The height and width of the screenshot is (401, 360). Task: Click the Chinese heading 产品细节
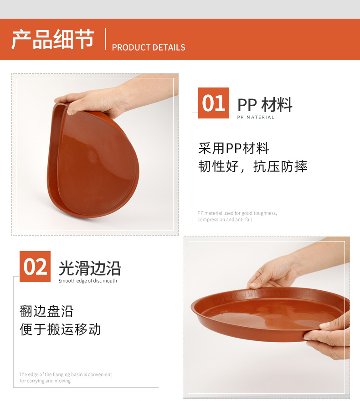pyautogui.click(x=52, y=40)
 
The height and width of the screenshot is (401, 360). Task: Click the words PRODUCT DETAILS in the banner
pyautogui.click(x=149, y=47)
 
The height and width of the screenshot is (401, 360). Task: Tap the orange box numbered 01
pyautogui.click(x=214, y=103)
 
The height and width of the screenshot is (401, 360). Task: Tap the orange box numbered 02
pyautogui.click(x=35, y=267)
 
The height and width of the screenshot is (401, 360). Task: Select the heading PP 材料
pyautogui.click(x=265, y=105)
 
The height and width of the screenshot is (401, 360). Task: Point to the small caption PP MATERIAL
pyautogui.click(x=256, y=118)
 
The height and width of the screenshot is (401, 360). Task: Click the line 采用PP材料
pyautogui.click(x=234, y=148)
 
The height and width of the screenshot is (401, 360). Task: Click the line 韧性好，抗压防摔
pyautogui.click(x=253, y=166)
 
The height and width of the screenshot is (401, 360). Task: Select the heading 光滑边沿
pyautogui.click(x=90, y=269)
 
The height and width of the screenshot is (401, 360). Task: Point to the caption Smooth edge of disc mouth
pyautogui.click(x=87, y=281)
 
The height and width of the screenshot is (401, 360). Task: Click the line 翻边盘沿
pyautogui.click(x=46, y=311)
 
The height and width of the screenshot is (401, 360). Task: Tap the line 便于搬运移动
pyautogui.click(x=60, y=329)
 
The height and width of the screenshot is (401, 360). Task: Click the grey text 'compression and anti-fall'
pyautogui.click(x=224, y=220)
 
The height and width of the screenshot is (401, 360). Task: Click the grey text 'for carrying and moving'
pyautogui.click(x=45, y=381)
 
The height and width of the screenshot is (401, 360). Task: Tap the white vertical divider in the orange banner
pyautogui.click(x=106, y=39)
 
